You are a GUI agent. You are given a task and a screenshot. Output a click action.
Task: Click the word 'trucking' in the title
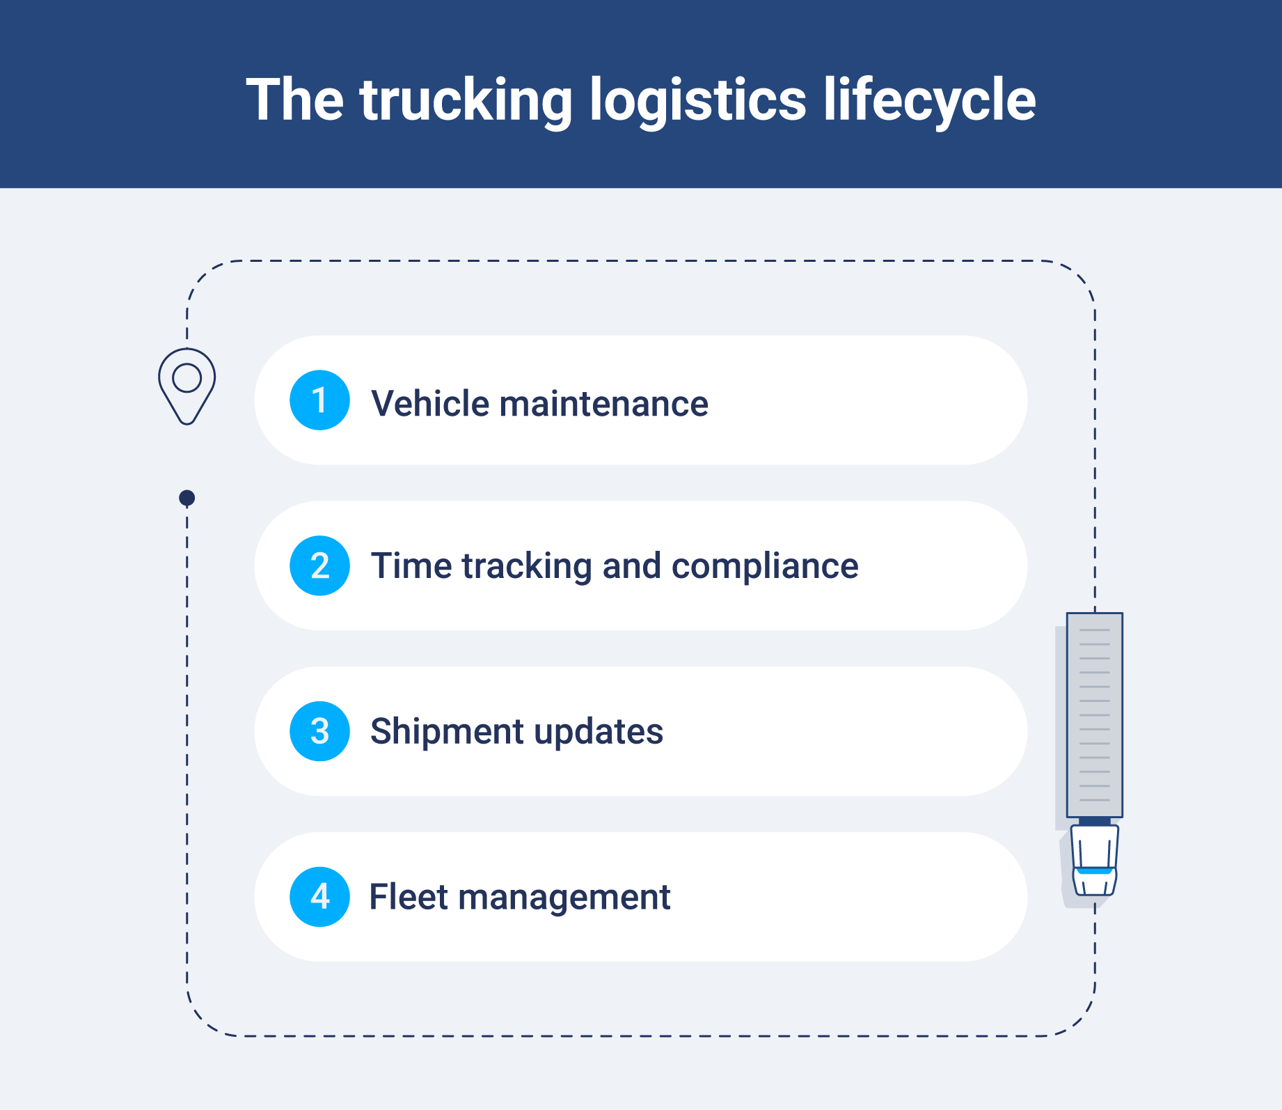(x=466, y=101)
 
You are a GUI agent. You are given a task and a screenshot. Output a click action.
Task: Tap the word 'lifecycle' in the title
(x=930, y=101)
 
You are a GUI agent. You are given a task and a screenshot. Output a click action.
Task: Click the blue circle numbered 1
(x=319, y=400)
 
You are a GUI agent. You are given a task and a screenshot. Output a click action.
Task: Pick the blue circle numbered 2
(x=319, y=565)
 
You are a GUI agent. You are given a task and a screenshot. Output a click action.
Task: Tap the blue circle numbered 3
(x=319, y=731)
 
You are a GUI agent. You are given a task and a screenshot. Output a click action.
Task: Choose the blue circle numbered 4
(x=319, y=897)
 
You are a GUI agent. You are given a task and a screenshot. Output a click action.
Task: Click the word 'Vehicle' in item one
(x=430, y=404)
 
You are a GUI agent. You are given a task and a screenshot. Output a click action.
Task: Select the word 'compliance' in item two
(x=765, y=566)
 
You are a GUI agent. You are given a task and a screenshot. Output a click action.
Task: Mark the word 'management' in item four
(x=564, y=898)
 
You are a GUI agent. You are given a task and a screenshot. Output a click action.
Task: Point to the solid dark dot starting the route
(x=187, y=498)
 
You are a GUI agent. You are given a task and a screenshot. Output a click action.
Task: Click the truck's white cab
(x=1094, y=860)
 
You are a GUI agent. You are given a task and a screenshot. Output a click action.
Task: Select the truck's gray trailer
(x=1094, y=714)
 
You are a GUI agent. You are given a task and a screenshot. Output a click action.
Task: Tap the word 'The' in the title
(x=294, y=101)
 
